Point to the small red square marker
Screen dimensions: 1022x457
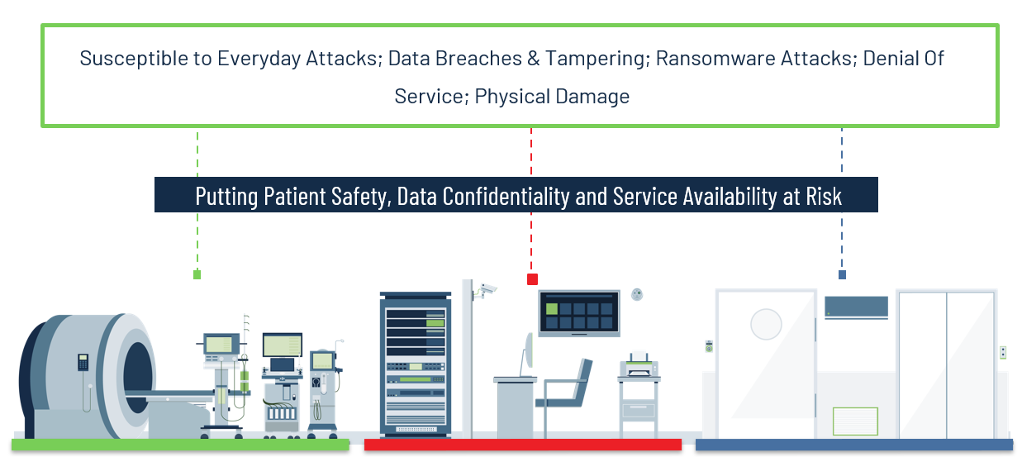click(x=532, y=279)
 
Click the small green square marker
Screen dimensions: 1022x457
click(x=197, y=274)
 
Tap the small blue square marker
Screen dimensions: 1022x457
click(x=842, y=274)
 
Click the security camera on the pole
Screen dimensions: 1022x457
click(x=485, y=290)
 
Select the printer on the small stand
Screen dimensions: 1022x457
click(x=639, y=364)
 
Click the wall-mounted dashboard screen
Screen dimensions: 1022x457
click(x=579, y=313)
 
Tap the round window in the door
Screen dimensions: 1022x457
click(x=766, y=324)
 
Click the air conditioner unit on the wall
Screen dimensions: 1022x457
click(x=857, y=307)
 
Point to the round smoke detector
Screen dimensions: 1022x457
click(x=637, y=294)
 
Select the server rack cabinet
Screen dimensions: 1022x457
click(x=416, y=364)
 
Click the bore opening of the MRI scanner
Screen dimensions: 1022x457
click(x=137, y=378)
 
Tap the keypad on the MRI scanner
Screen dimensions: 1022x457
click(x=83, y=362)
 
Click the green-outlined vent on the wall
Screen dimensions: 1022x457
click(x=855, y=421)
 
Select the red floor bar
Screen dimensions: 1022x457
click(x=523, y=445)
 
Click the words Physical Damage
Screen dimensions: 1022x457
click(x=552, y=97)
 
